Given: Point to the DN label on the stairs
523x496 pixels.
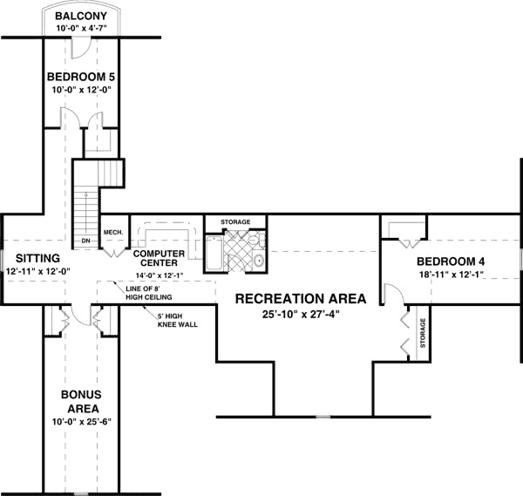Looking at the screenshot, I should point(85,241).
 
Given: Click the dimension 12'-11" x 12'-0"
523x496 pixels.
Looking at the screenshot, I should point(37,271).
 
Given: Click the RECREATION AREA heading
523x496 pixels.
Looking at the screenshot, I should point(300,298).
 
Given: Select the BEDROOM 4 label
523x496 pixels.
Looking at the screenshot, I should point(450,262).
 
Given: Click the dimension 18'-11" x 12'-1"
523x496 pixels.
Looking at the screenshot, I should point(450,275).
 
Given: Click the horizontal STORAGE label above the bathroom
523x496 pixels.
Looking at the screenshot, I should point(235,222).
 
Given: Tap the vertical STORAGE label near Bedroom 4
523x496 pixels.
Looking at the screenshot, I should point(424,332).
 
